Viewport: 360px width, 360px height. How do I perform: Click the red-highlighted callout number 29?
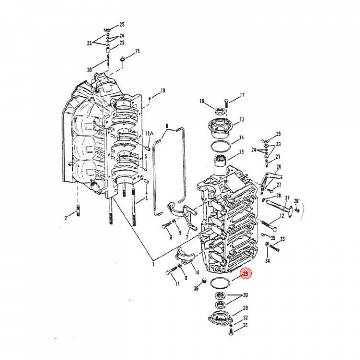(x=245, y=274)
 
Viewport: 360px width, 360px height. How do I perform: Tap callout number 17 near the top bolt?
(x=242, y=95)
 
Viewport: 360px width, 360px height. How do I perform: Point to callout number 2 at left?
(x=65, y=218)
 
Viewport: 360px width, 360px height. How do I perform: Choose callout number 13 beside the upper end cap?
(x=242, y=120)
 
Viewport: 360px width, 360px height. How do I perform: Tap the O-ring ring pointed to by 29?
(x=219, y=282)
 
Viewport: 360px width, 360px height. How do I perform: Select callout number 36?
(x=196, y=288)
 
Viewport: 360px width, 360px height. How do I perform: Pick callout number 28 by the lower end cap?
(x=245, y=308)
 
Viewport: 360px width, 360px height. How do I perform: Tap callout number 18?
(x=162, y=91)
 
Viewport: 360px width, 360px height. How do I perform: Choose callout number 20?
(x=89, y=69)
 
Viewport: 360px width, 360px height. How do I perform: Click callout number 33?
(x=282, y=239)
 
